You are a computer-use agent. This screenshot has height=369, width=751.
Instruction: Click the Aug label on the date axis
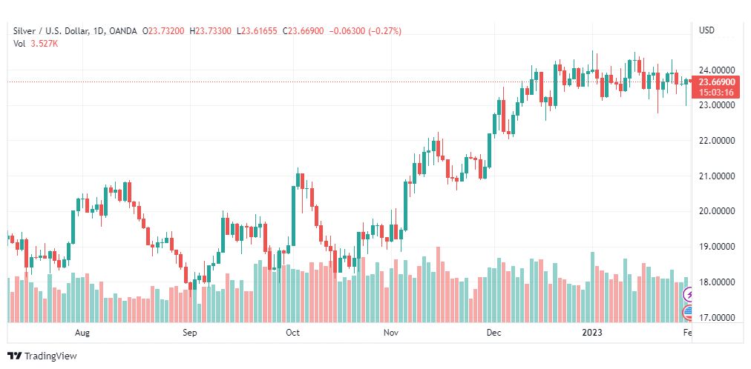[82, 332]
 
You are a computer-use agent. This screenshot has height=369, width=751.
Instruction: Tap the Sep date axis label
[190, 332]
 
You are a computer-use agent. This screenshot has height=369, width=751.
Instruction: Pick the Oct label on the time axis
[292, 332]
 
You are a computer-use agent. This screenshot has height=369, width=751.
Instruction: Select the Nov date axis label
[392, 332]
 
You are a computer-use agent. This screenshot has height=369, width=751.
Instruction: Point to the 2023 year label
[592, 332]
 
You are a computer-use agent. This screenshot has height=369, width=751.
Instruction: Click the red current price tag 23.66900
[717, 82]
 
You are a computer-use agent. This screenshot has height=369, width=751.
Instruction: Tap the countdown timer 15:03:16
[717, 92]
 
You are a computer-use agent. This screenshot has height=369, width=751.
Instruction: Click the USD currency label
[706, 30]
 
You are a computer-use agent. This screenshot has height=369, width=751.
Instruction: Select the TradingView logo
[42, 356]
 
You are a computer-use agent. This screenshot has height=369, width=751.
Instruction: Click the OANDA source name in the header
[123, 31]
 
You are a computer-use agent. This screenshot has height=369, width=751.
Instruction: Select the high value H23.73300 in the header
[211, 31]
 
